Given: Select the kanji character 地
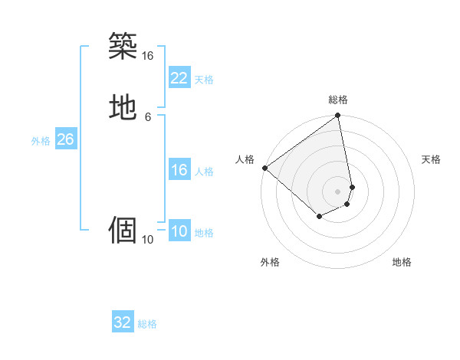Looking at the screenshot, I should pyautogui.click(x=123, y=107).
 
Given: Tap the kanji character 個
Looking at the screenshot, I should pyautogui.click(x=123, y=229).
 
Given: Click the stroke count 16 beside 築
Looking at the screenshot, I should pyautogui.click(x=147, y=56).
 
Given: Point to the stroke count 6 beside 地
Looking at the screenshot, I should pyautogui.click(x=147, y=116).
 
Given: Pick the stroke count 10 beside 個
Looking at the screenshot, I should pyautogui.click(x=147, y=240).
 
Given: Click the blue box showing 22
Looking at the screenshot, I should pyautogui.click(x=179, y=77).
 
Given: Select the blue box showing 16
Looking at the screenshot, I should pyautogui.click(x=179, y=170).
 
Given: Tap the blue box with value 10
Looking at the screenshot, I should pyautogui.click(x=179, y=231).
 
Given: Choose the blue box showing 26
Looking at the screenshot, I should pyautogui.click(x=65, y=139).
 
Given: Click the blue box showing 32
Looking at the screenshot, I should pyautogui.click(x=123, y=322).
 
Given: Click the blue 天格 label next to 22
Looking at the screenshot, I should pyautogui.click(x=204, y=79).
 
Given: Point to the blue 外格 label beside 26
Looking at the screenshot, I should pyautogui.click(x=41, y=141).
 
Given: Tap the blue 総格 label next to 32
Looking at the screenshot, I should pyautogui.click(x=147, y=324).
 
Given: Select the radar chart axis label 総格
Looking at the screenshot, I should pyautogui.click(x=338, y=100).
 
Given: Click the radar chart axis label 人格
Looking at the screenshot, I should pyautogui.click(x=245, y=159).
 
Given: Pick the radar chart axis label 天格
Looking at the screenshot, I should pyautogui.click(x=431, y=159).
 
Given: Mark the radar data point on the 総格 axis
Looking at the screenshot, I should pyautogui.click(x=338, y=116).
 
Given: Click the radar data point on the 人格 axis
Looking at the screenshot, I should pyautogui.click(x=264, y=167).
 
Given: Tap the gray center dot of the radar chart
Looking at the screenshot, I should pyautogui.click(x=338, y=191).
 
